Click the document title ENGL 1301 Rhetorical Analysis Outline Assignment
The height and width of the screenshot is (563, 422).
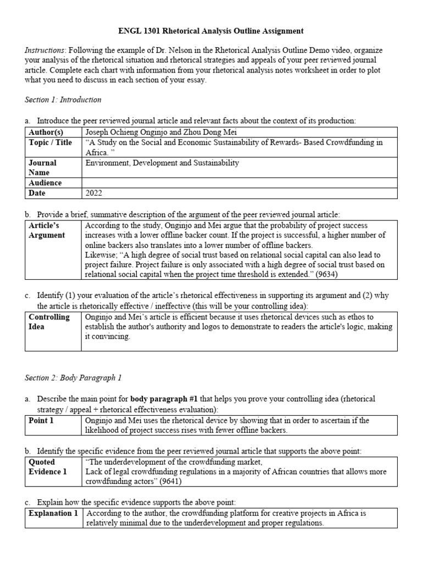[212, 31]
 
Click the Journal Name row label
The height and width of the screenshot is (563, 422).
[42, 168]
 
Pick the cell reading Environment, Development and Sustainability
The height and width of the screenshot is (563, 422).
[162, 163]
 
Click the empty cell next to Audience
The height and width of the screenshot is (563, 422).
[239, 183]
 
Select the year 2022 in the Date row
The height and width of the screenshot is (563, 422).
[94, 194]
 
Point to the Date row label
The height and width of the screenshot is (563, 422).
[37, 194]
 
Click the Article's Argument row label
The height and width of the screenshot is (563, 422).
[47, 230]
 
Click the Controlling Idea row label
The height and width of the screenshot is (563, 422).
[49, 322]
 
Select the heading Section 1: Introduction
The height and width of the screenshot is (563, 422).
[63, 100]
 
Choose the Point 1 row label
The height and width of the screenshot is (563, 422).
[41, 420]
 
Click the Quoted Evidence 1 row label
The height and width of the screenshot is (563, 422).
[48, 467]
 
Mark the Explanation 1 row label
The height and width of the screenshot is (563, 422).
[53, 513]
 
